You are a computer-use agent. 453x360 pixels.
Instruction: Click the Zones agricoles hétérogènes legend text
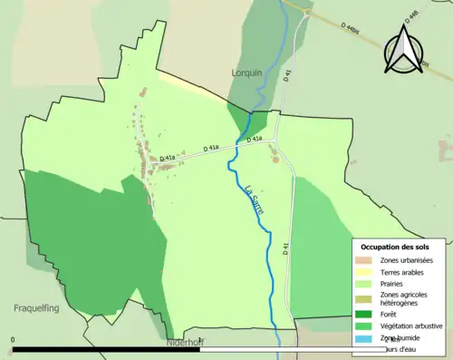point(404,299)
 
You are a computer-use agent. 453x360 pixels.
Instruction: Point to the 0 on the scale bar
point(13,340)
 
